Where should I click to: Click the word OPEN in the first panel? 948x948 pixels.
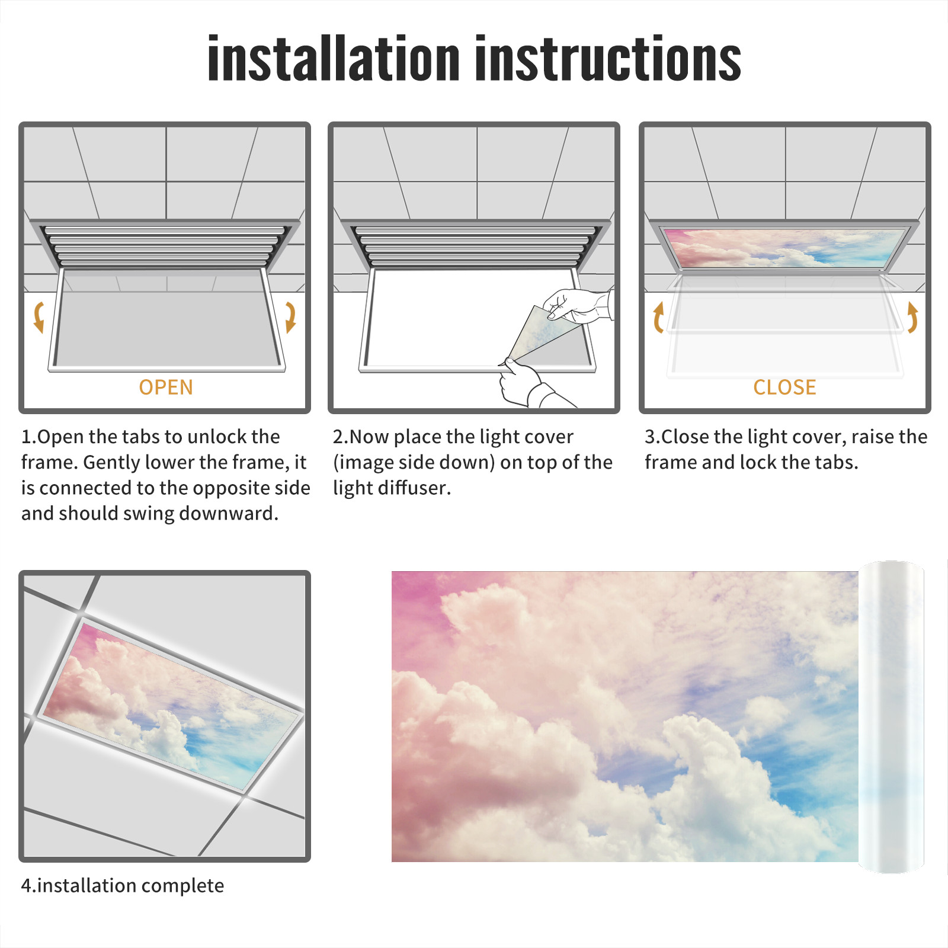point(166,387)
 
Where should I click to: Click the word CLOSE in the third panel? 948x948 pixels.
point(784,387)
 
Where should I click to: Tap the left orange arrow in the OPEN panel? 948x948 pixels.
point(39,317)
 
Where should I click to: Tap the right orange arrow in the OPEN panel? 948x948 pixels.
point(290,317)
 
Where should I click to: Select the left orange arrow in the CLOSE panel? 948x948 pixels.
point(658,317)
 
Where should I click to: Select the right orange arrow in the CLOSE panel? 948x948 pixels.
point(912,317)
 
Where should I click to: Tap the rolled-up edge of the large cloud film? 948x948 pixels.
point(891,717)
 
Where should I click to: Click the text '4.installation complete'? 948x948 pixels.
point(123,886)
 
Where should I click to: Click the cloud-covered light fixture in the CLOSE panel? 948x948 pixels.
point(784,248)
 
